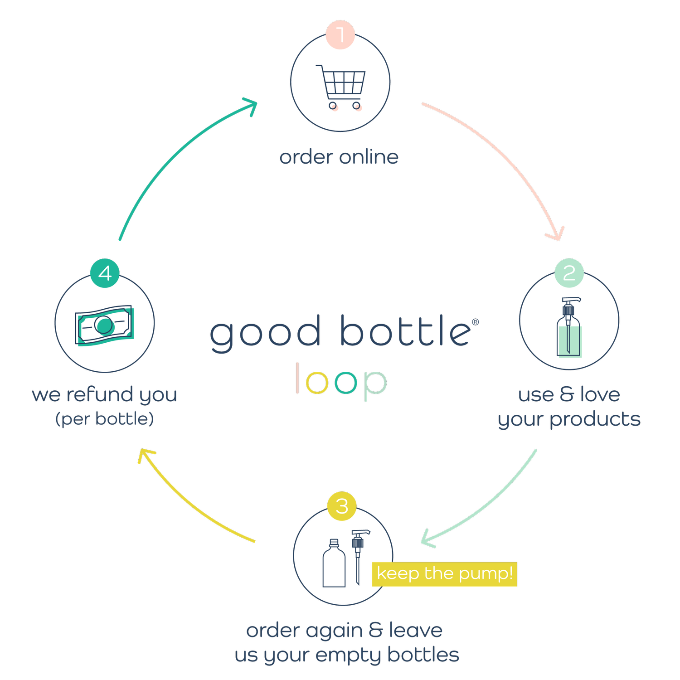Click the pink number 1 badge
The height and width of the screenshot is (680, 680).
pyautogui.click(x=340, y=34)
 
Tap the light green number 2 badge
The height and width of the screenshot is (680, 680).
pyautogui.click(x=569, y=273)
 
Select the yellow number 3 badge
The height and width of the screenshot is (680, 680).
pyautogui.click(x=342, y=506)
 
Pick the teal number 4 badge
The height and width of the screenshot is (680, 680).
pyautogui.click(x=105, y=273)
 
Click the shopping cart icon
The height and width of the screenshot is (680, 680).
pyautogui.click(x=341, y=87)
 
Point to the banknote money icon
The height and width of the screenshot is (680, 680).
pyautogui.click(x=104, y=325)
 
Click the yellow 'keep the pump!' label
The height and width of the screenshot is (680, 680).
pyautogui.click(x=444, y=574)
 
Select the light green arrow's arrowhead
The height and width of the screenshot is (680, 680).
pyautogui.click(x=427, y=538)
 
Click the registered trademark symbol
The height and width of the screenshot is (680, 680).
pyautogui.click(x=476, y=322)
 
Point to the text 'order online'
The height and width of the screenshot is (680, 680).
pyautogui.click(x=339, y=157)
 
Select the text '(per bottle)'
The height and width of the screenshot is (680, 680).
pyautogui.click(x=105, y=419)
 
